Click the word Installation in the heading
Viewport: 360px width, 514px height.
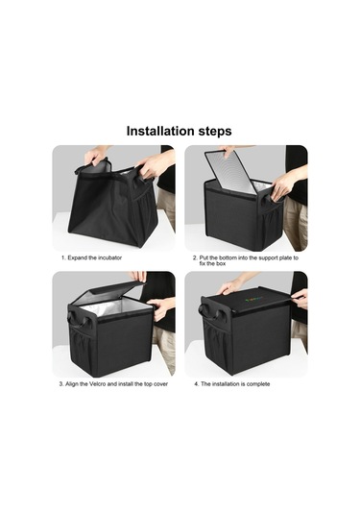pos(161,131)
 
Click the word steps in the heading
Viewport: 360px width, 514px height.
pos(215,132)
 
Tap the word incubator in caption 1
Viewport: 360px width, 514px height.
pos(109,257)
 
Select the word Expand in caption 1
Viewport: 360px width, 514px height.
pos(78,258)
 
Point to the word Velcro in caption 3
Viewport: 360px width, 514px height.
pos(98,384)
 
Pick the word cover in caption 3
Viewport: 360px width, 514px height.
pos(160,384)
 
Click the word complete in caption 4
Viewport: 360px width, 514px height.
pos(258,384)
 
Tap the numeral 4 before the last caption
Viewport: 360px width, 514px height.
pos(196,384)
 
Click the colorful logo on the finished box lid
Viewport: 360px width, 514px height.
pos(253,299)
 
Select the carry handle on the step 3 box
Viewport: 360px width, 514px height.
pos(78,320)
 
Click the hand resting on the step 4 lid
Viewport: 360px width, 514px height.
pos(230,288)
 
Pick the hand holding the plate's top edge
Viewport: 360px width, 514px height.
pos(231,151)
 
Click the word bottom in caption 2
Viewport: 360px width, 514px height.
pos(228,258)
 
